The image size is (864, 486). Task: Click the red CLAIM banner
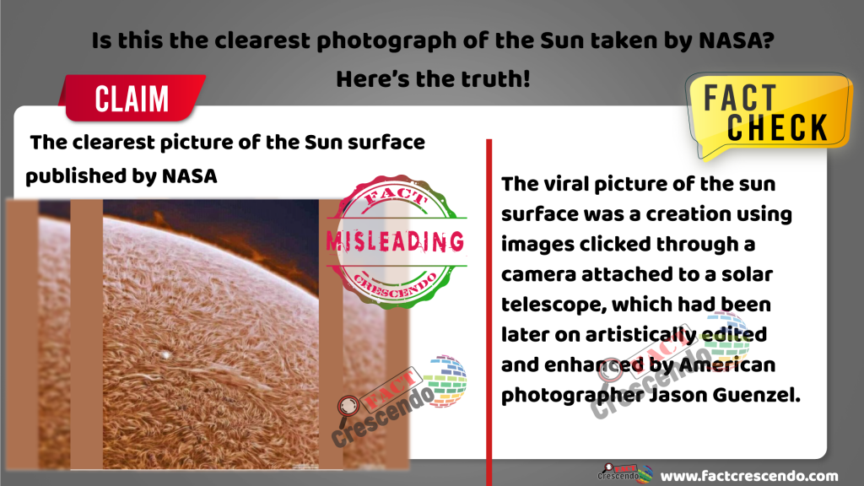point(132,98)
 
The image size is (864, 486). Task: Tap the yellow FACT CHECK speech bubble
point(769,114)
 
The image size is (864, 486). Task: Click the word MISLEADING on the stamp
point(395,241)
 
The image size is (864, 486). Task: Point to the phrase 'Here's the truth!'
point(433,78)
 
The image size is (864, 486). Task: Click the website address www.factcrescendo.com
point(749,476)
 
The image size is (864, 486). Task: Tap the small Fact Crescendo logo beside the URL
point(625,472)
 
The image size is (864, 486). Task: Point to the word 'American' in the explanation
point(727,364)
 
